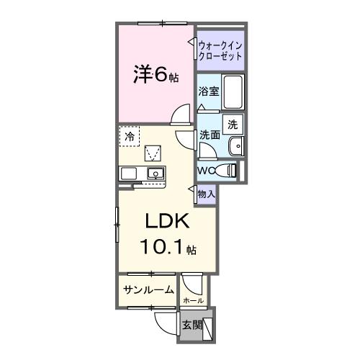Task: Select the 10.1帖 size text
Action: (166, 248)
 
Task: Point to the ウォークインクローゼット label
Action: (220, 50)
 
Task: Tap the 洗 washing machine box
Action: (233, 124)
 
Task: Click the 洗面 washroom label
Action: (210, 134)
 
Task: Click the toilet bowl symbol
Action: (228, 171)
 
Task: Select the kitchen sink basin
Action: (154, 174)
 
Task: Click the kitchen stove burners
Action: (130, 174)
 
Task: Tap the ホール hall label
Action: (193, 300)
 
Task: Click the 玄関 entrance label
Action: (191, 323)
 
